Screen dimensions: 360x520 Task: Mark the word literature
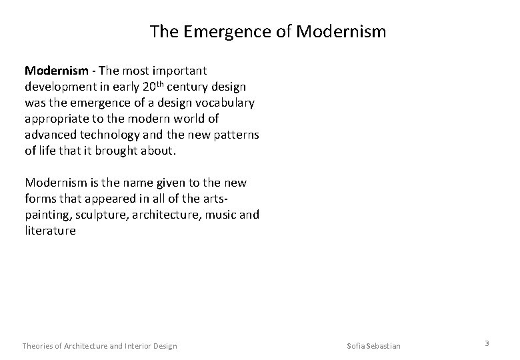50,230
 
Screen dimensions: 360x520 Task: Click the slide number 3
487,343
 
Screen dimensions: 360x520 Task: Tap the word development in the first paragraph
58,86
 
